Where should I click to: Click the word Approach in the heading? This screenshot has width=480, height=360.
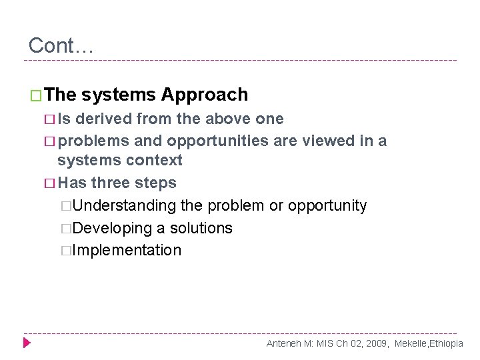click(x=204, y=95)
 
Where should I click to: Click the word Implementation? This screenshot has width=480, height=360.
click(x=127, y=251)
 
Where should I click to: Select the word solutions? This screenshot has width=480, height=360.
click(x=201, y=228)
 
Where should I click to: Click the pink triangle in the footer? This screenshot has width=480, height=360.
click(x=27, y=343)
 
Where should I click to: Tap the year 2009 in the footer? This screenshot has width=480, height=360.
click(x=377, y=343)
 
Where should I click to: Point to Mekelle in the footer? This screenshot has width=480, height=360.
click(x=411, y=343)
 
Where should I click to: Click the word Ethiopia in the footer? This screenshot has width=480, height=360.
click(x=447, y=343)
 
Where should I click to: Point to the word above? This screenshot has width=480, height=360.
click(x=230, y=119)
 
